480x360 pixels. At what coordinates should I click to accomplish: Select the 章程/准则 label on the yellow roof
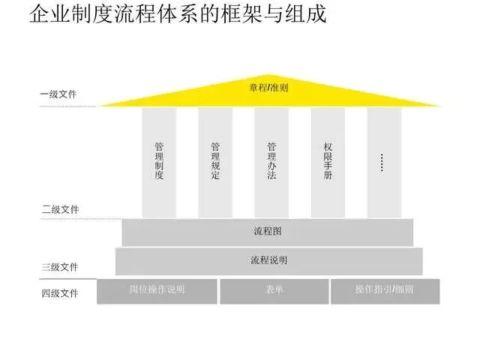[269, 88]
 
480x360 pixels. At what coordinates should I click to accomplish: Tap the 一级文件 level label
[58, 94]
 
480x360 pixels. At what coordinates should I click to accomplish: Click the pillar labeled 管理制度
[159, 161]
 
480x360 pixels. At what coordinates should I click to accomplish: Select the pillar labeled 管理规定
[215, 161]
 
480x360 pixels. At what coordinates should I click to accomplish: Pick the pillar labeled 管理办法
[271, 161]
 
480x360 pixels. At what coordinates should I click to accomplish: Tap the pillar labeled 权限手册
[328, 161]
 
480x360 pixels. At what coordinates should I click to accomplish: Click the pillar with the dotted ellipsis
[383, 161]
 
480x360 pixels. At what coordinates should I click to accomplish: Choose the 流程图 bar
[268, 232]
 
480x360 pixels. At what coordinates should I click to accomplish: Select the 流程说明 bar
[268, 260]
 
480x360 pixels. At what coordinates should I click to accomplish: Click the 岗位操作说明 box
[157, 290]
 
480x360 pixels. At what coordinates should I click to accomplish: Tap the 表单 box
[274, 290]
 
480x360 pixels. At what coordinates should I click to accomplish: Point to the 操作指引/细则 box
[385, 290]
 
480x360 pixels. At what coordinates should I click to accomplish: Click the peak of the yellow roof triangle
[269, 74]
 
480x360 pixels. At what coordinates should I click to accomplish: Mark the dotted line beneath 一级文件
[67, 106]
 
